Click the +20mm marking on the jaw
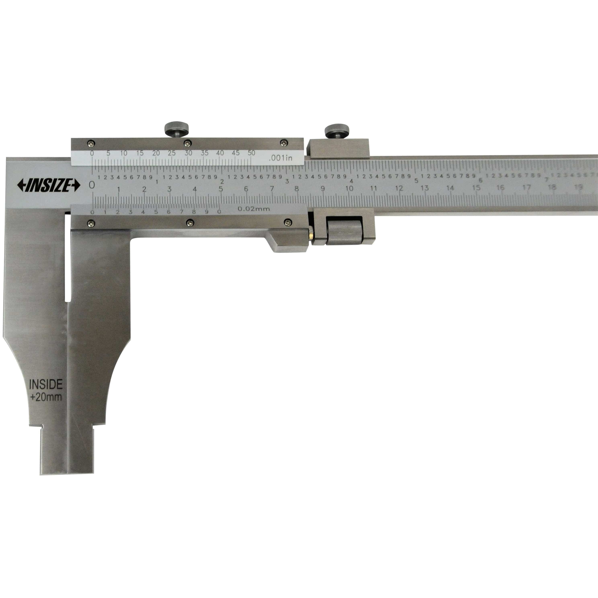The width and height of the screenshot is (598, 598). [x=46, y=397]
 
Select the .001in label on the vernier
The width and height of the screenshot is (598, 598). [x=281, y=158]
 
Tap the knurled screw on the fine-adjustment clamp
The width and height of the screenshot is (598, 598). [x=337, y=130]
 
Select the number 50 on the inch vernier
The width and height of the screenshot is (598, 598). [x=251, y=153]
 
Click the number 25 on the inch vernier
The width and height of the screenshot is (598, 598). [x=172, y=153]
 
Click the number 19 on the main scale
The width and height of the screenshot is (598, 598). [x=578, y=187]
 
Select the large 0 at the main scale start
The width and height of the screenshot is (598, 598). [x=92, y=185]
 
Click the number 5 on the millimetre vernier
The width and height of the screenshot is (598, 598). [x=156, y=212]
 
